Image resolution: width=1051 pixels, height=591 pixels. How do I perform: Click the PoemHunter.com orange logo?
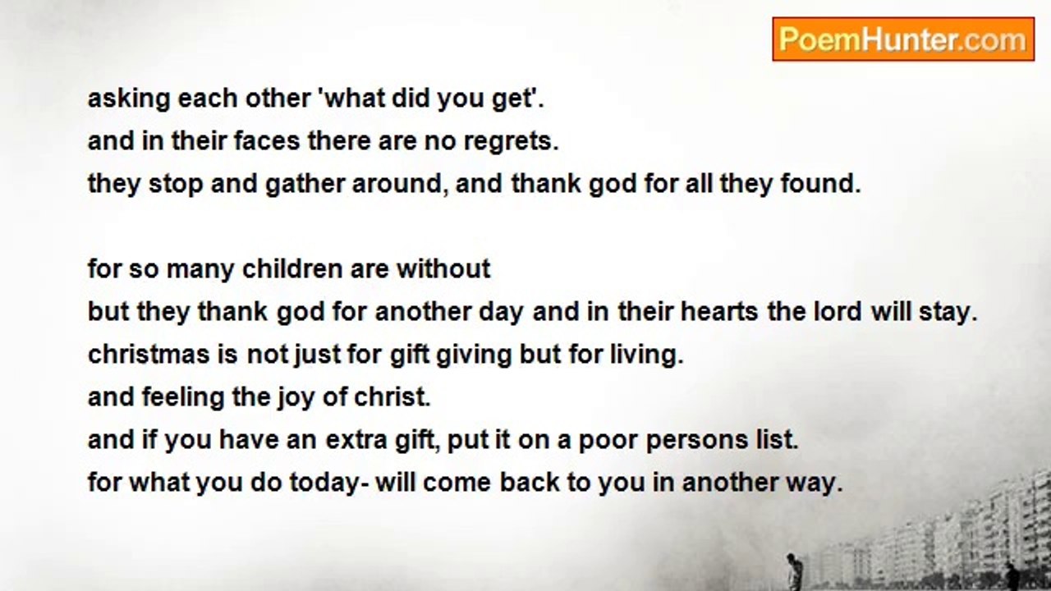(903, 39)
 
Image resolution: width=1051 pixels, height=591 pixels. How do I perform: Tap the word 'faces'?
(267, 140)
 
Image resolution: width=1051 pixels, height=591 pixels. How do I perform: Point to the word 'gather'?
(305, 184)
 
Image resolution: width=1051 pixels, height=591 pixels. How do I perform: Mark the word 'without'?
(443, 268)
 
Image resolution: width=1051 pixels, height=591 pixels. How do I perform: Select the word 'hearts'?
(719, 311)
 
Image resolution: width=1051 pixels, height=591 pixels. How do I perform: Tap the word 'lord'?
(838, 311)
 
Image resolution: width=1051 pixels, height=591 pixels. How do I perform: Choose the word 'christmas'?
(149, 354)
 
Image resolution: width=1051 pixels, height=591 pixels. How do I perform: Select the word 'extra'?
(356, 440)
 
